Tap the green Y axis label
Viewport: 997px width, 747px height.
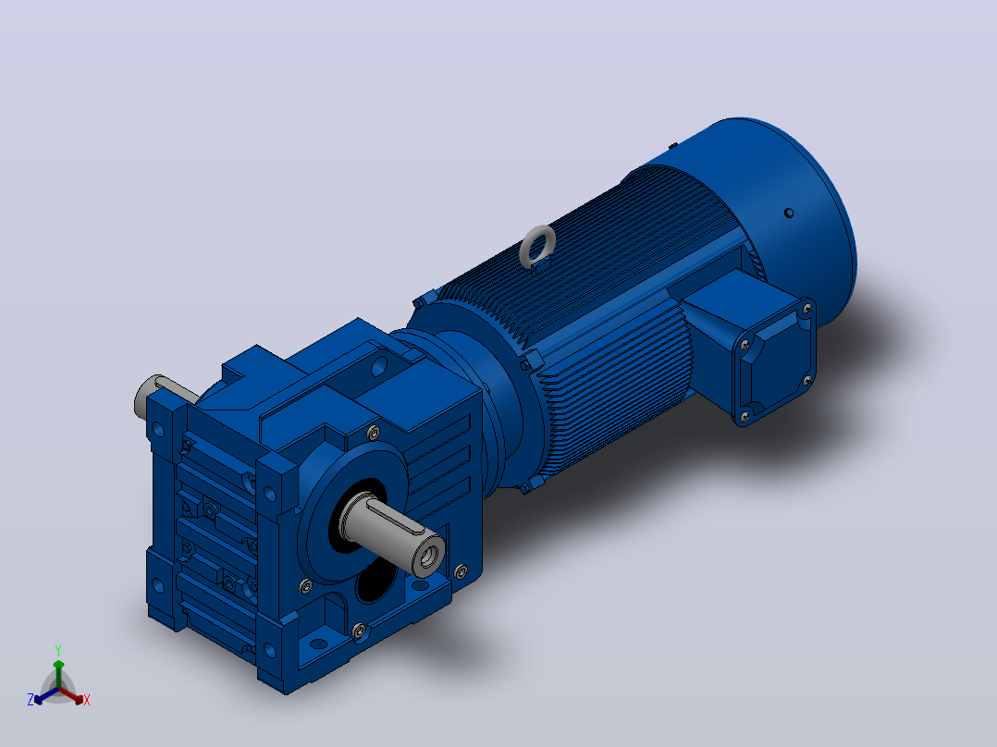click(58, 650)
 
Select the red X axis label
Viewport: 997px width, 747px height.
click(87, 700)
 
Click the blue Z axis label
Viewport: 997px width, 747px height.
click(31, 700)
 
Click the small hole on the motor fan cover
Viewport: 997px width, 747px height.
click(788, 213)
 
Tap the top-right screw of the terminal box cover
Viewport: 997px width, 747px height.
click(806, 310)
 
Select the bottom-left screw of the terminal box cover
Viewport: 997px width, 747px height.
click(745, 417)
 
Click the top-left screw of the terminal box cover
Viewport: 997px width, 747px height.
click(744, 346)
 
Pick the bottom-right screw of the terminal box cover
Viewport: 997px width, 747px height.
click(807, 381)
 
